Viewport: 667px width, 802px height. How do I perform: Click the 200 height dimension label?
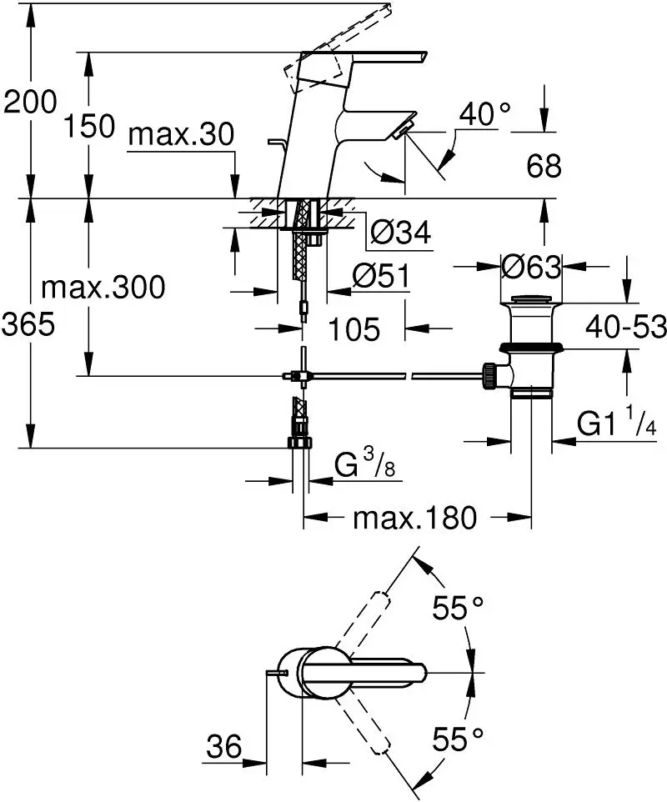(x=30, y=102)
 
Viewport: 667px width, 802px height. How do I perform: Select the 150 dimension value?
(x=89, y=127)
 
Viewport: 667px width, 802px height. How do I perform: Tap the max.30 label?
(x=181, y=134)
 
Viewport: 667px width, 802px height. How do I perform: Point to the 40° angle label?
(x=484, y=113)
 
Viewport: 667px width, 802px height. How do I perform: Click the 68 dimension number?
(x=544, y=166)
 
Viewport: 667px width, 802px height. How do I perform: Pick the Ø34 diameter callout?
(x=400, y=233)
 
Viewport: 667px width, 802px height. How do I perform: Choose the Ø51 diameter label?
(x=381, y=276)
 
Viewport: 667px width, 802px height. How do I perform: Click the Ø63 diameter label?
(x=531, y=267)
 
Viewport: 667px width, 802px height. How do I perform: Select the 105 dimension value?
(x=354, y=328)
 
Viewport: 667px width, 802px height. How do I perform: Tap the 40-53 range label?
(x=626, y=326)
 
